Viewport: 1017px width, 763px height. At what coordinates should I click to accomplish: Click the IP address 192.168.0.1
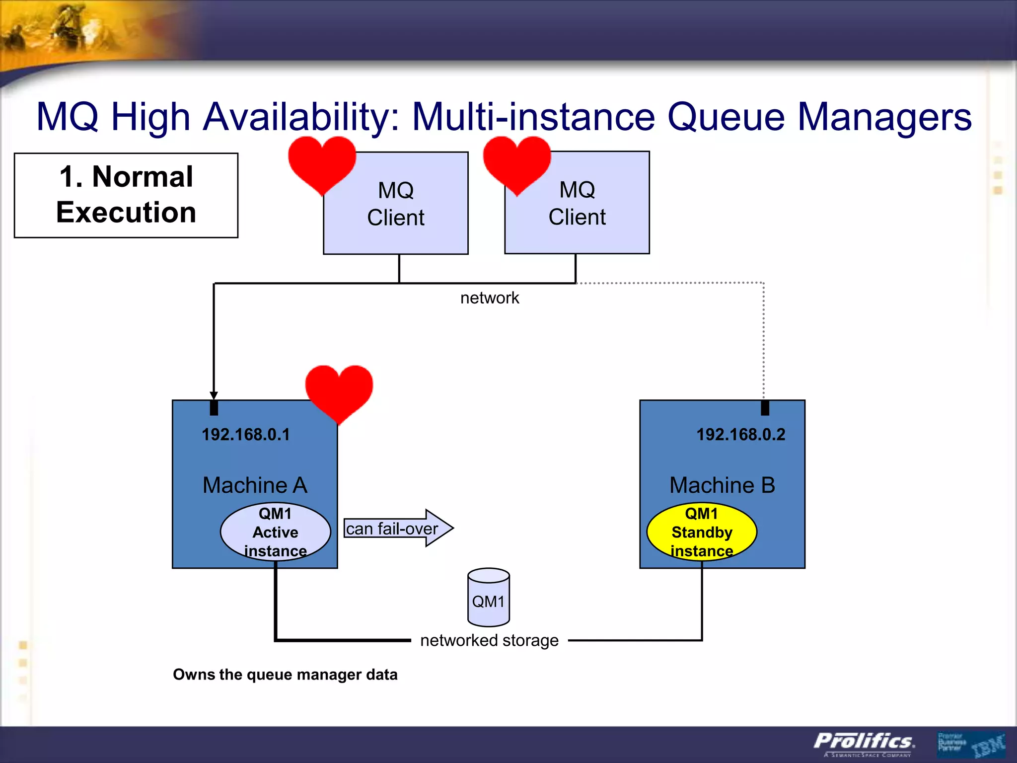(246, 435)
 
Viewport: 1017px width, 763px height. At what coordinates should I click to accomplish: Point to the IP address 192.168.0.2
(740, 435)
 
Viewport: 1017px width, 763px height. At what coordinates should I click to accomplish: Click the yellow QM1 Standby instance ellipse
(702, 532)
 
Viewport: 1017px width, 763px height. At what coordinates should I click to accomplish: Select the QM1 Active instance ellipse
(276, 532)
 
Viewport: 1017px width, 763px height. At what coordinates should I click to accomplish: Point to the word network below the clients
(490, 298)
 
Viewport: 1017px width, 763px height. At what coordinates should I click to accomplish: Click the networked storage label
(489, 640)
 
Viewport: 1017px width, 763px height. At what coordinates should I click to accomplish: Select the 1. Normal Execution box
(126, 195)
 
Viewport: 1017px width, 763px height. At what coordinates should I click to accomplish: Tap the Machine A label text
(255, 485)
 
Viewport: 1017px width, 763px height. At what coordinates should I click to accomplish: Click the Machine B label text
(722, 485)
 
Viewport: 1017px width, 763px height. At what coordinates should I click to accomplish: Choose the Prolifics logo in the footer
(864, 742)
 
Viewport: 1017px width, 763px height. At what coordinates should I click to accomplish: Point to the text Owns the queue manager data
(285, 675)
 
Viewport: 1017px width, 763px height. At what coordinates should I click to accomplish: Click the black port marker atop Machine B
(765, 408)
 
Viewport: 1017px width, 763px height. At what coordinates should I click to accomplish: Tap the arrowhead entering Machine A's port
(214, 395)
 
